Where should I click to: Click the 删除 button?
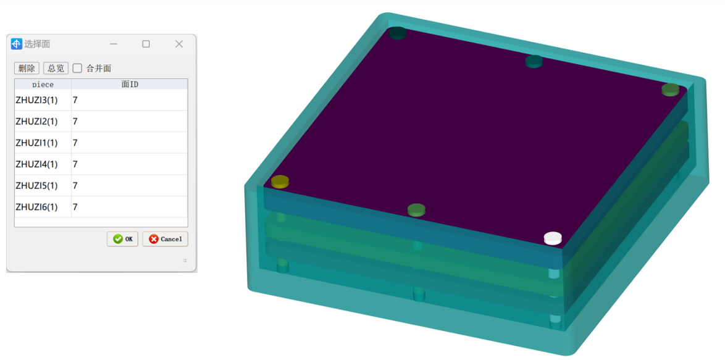click(x=27, y=68)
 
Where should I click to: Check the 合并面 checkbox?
click(x=78, y=68)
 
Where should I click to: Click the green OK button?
click(x=122, y=239)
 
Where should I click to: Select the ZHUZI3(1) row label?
click(x=36, y=100)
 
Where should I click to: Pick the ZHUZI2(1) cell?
click(x=36, y=122)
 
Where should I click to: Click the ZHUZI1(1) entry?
click(x=36, y=143)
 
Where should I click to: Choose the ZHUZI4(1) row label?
click(x=36, y=164)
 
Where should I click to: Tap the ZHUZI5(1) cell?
click(x=36, y=185)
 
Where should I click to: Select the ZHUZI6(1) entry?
click(x=36, y=207)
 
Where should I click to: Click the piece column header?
click(x=43, y=85)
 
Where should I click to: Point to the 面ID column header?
click(x=129, y=85)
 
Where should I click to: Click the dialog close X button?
click(x=179, y=44)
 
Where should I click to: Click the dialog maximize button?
click(x=146, y=44)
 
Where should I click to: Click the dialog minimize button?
click(x=114, y=44)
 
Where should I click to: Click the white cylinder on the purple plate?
click(x=553, y=238)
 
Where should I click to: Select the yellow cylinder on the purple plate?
click(x=280, y=181)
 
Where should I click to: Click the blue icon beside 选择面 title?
click(x=17, y=44)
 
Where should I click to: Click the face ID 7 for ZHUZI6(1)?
click(x=75, y=207)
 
